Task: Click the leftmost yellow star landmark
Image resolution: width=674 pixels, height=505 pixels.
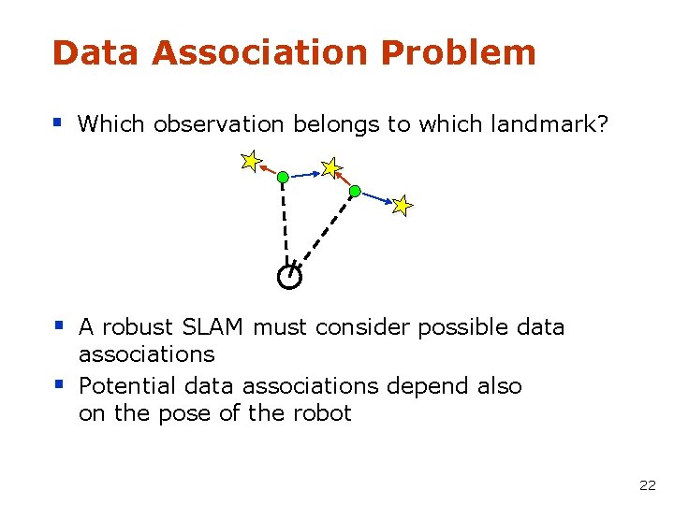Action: click(250, 161)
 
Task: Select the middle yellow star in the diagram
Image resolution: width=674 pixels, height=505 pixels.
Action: click(330, 168)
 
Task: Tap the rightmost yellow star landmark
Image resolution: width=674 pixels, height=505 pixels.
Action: click(402, 205)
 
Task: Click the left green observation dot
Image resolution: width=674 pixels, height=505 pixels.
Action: click(283, 176)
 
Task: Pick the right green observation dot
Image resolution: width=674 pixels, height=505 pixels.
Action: click(355, 191)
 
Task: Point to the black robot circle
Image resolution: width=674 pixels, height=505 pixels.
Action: click(290, 277)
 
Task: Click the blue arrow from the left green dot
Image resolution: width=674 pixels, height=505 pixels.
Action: click(303, 174)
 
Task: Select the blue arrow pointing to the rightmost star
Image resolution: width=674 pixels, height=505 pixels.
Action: click(376, 198)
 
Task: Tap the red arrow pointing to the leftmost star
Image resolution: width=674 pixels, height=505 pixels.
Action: click(269, 169)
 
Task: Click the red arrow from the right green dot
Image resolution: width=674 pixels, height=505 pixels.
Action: click(344, 180)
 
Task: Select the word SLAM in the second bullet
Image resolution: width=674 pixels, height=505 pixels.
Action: click(212, 327)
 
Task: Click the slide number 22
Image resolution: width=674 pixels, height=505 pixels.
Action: click(647, 485)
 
